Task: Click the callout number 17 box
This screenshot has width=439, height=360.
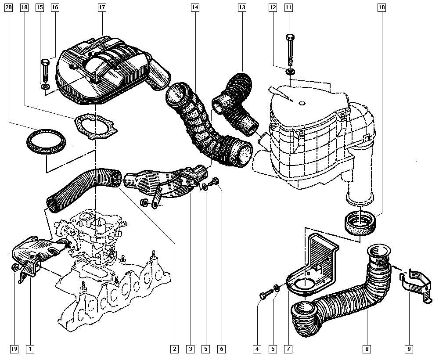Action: [102, 7]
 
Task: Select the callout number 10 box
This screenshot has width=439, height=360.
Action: [381, 7]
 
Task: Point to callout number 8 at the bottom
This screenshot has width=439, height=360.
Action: [366, 349]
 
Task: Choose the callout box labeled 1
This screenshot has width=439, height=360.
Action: [30, 349]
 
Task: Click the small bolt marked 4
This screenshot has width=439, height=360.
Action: [263, 295]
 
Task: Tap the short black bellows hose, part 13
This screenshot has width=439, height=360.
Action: [235, 103]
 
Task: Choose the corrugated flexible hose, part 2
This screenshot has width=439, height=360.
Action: [83, 187]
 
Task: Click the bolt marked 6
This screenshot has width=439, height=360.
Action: [215, 182]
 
